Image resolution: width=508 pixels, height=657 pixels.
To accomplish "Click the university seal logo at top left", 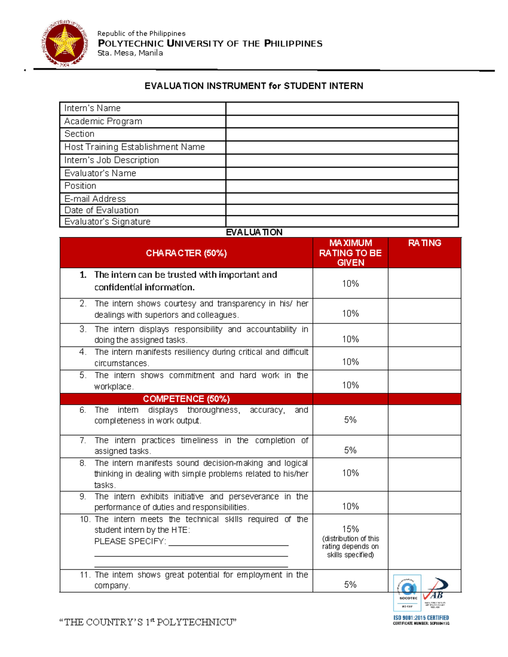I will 65,43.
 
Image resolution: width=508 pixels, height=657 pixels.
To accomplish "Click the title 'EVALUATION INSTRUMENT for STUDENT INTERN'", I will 254,86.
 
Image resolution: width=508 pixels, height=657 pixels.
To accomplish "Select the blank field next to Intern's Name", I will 342,108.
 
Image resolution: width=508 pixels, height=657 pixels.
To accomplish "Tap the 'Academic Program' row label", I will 103,121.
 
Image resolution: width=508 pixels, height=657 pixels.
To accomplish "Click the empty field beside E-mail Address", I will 342,199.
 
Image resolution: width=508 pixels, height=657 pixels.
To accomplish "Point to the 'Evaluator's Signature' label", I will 107,222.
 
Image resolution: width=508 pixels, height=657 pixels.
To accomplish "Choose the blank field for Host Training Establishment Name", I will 342,147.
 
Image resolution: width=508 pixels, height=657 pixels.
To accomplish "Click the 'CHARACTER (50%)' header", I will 186,253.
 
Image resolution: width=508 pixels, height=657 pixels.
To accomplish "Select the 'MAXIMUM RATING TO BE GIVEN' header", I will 350,253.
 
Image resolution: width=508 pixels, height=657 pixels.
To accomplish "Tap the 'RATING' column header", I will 424,243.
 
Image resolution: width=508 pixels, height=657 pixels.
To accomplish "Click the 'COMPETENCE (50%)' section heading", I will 186,399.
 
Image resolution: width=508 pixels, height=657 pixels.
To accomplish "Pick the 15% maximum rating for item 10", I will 350,529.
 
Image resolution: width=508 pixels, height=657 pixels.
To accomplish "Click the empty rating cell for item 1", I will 424,283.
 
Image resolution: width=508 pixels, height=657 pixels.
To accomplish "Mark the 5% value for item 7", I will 350,450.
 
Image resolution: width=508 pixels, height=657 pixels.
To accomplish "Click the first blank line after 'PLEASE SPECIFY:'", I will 228,544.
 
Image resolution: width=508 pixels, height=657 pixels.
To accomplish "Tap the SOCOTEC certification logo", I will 407,592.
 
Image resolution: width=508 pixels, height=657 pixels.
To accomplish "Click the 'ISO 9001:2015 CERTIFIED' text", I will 421,618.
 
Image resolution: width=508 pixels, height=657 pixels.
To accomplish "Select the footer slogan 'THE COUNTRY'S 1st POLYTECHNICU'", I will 148,622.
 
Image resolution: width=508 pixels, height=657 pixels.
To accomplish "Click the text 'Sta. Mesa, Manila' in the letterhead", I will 130,53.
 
